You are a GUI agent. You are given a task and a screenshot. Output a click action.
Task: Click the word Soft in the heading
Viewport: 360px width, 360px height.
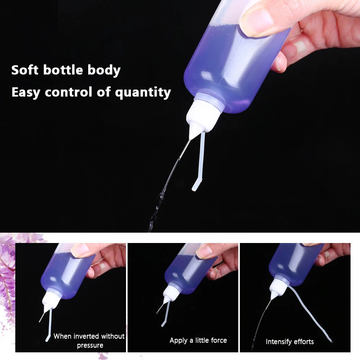24,70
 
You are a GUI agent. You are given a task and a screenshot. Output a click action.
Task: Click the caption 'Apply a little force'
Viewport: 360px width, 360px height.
198,340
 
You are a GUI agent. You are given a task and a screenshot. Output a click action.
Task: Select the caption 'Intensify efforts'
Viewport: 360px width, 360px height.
290,342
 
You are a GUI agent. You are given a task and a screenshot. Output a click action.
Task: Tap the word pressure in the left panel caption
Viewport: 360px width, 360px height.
90,346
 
